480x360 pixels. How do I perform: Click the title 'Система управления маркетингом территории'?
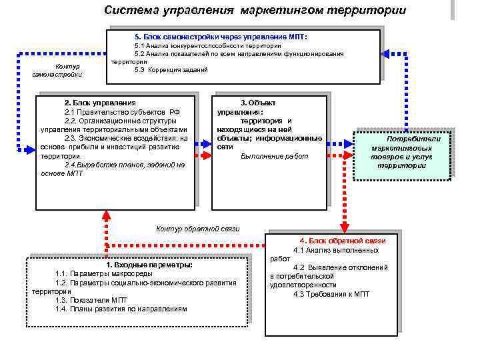coord(255,11)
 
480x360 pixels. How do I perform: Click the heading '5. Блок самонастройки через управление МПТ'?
coord(221,35)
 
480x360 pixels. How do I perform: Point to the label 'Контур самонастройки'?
coord(67,70)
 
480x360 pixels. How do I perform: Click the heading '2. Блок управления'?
coord(99,103)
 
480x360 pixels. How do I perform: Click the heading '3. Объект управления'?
coord(257,107)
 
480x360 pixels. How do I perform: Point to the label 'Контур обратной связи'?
coord(197,229)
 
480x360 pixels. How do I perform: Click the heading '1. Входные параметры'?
coord(149,265)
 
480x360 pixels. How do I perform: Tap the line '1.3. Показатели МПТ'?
coord(91,300)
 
